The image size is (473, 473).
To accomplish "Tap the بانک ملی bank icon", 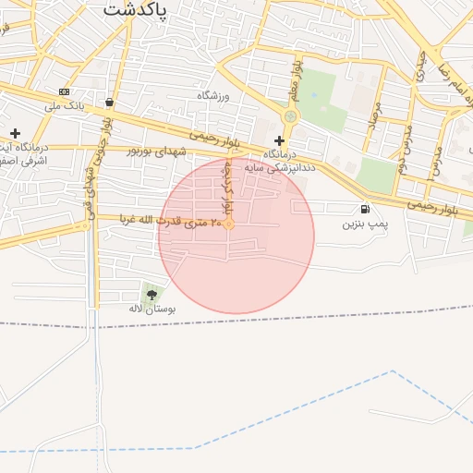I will point(64,91).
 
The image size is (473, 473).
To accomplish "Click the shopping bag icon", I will point(111,103).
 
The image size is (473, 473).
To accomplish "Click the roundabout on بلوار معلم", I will point(291,116).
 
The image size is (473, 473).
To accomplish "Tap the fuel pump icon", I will point(366,210).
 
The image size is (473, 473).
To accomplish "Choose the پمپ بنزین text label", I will point(366,224).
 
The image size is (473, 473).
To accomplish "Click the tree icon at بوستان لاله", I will point(152,295).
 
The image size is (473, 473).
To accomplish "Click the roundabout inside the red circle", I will point(229,224).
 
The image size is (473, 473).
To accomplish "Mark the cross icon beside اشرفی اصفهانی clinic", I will point(15,134).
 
